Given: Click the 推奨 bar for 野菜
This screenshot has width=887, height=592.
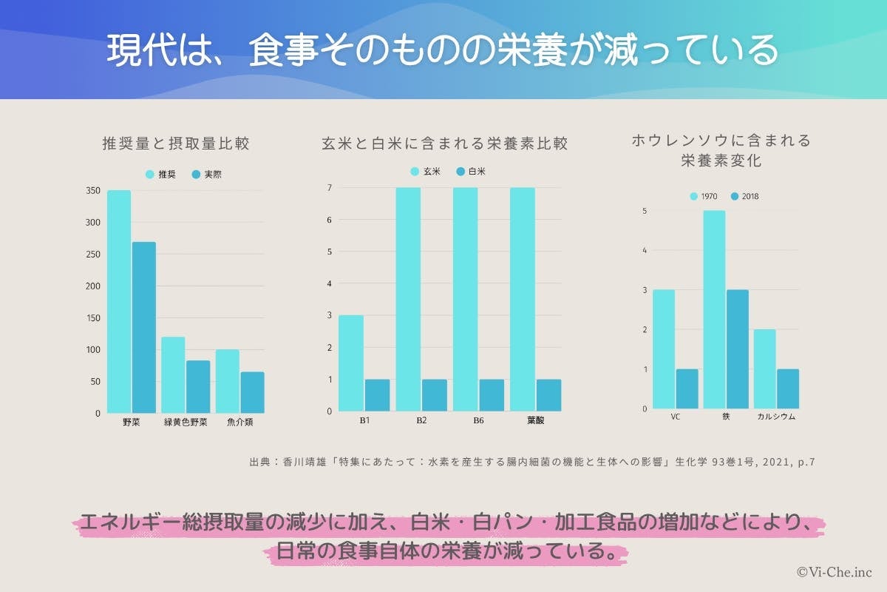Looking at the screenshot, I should click(x=119, y=302).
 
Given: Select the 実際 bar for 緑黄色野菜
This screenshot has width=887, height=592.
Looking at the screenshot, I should click(x=198, y=386).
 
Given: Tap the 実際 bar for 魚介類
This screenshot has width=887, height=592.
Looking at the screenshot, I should click(x=252, y=392).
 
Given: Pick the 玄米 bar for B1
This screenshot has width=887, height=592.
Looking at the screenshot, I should click(x=351, y=363).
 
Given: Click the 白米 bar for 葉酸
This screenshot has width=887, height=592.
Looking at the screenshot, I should click(x=548, y=395).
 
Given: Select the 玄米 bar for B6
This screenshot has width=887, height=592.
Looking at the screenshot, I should click(x=465, y=299).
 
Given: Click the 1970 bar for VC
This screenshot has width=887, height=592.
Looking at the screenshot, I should click(x=664, y=349).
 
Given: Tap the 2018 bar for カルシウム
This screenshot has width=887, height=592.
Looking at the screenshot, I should click(x=787, y=388).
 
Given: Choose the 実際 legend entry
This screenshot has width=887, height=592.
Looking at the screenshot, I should click(x=206, y=175).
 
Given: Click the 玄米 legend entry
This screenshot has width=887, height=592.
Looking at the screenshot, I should click(x=425, y=172).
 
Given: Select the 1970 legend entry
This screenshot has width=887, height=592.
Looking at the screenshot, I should click(x=703, y=197).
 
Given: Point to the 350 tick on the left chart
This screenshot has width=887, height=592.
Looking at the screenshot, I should click(x=93, y=191).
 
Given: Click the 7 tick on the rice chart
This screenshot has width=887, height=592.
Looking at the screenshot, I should click(x=330, y=187).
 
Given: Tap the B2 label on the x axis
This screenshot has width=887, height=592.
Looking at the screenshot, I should click(x=421, y=420).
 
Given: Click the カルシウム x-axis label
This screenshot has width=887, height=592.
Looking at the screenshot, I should click(x=776, y=417).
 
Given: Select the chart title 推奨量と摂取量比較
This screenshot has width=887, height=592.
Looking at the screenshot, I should click(x=175, y=144).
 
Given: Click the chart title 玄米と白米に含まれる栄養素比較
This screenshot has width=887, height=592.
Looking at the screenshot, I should click(x=445, y=144).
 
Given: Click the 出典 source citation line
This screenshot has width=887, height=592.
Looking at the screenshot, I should click(x=532, y=462).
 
